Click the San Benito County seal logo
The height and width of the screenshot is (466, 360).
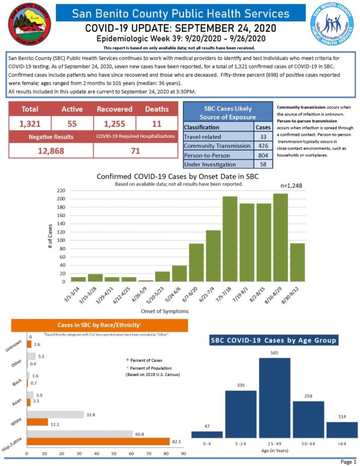pyautogui.click(x=30, y=25)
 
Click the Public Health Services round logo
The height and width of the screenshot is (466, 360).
pyautogui.click(x=332, y=25)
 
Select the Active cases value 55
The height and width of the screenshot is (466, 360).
pyautogui.click(x=72, y=123)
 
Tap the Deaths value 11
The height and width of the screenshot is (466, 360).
pyautogui.click(x=156, y=123)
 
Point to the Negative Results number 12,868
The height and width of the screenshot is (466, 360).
pyautogui.click(x=50, y=151)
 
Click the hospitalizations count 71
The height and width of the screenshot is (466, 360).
pyautogui.click(x=135, y=151)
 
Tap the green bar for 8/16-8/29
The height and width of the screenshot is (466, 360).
pyautogui.click(x=280, y=237)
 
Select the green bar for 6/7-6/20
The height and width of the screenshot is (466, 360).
pyautogui.click(x=196, y=262)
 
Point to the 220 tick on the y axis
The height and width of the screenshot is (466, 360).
pyautogui.click(x=61, y=191)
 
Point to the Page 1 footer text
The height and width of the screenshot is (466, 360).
pyautogui.click(x=348, y=462)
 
